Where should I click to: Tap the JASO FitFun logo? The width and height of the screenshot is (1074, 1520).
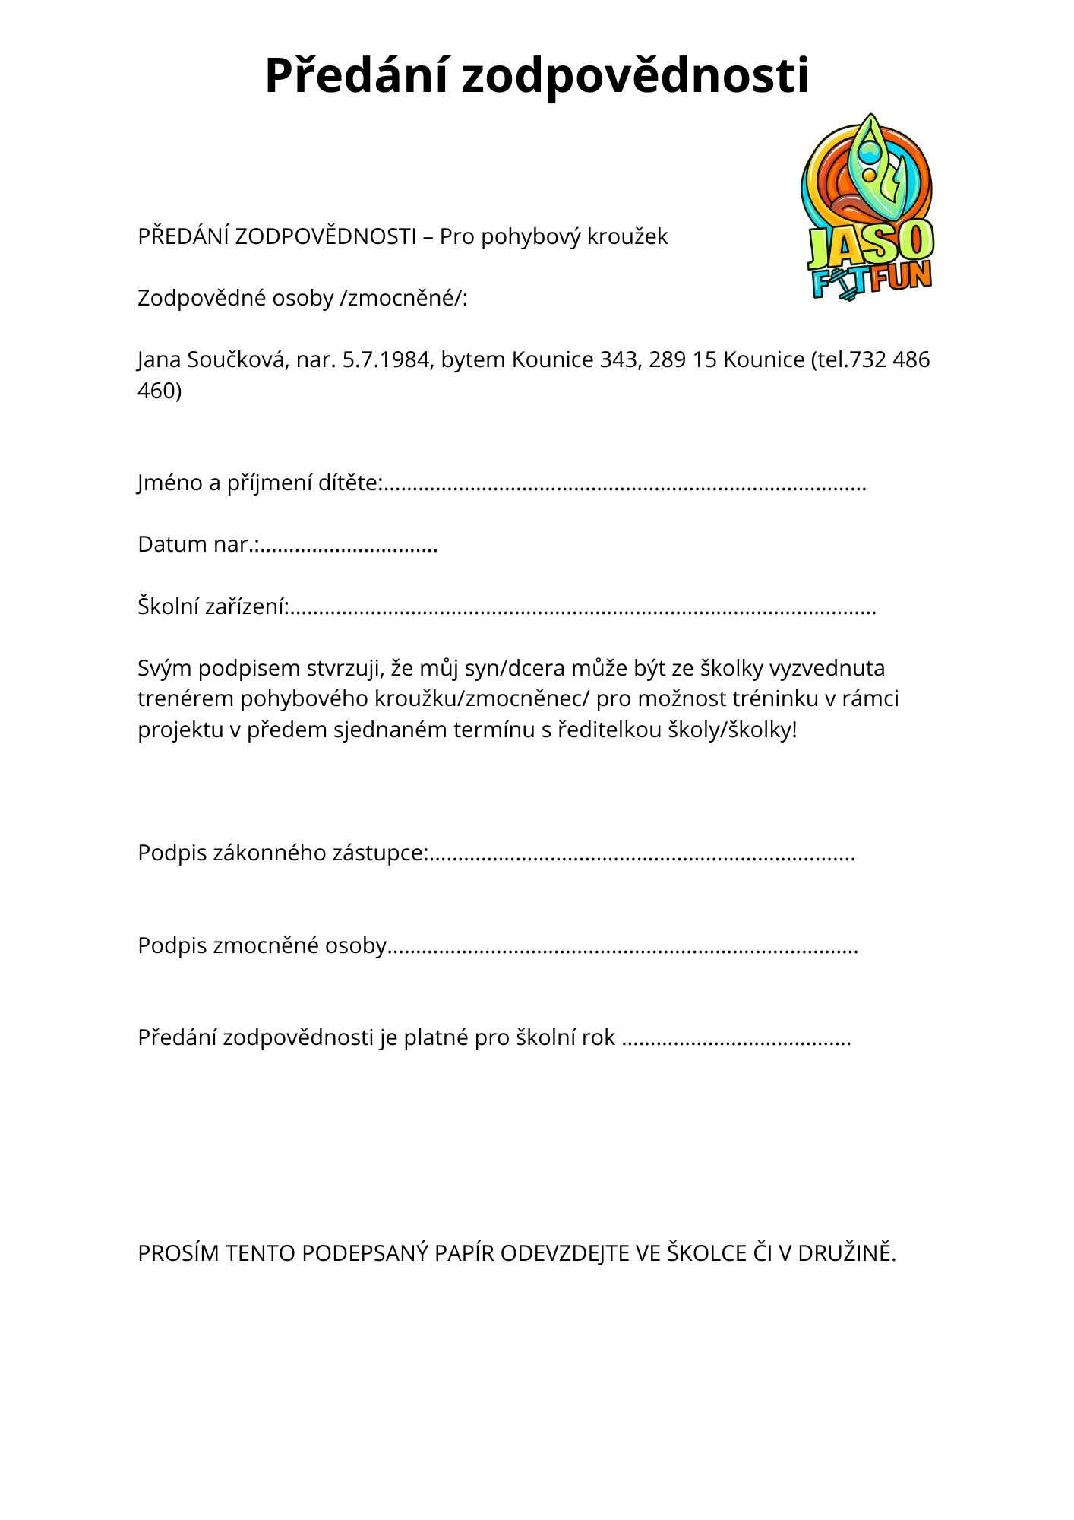(868, 207)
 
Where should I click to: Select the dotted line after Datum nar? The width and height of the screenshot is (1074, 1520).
(349, 546)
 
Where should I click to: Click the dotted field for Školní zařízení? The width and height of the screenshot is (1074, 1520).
(583, 608)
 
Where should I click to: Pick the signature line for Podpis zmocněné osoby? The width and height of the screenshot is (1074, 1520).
(623, 947)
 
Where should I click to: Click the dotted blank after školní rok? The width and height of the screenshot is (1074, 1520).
(736, 1039)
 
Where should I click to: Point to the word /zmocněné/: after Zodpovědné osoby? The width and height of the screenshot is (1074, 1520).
(404, 299)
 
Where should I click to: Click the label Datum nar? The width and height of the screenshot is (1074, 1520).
(197, 545)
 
